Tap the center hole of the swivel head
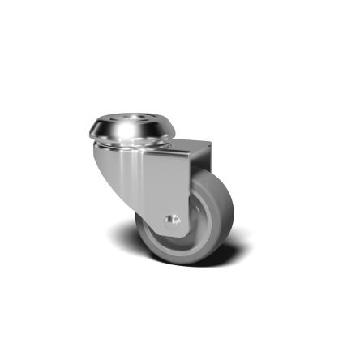pos(130,121)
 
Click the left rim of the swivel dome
pos(90,130)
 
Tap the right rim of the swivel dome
pos(171,131)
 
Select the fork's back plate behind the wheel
pos(201,166)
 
